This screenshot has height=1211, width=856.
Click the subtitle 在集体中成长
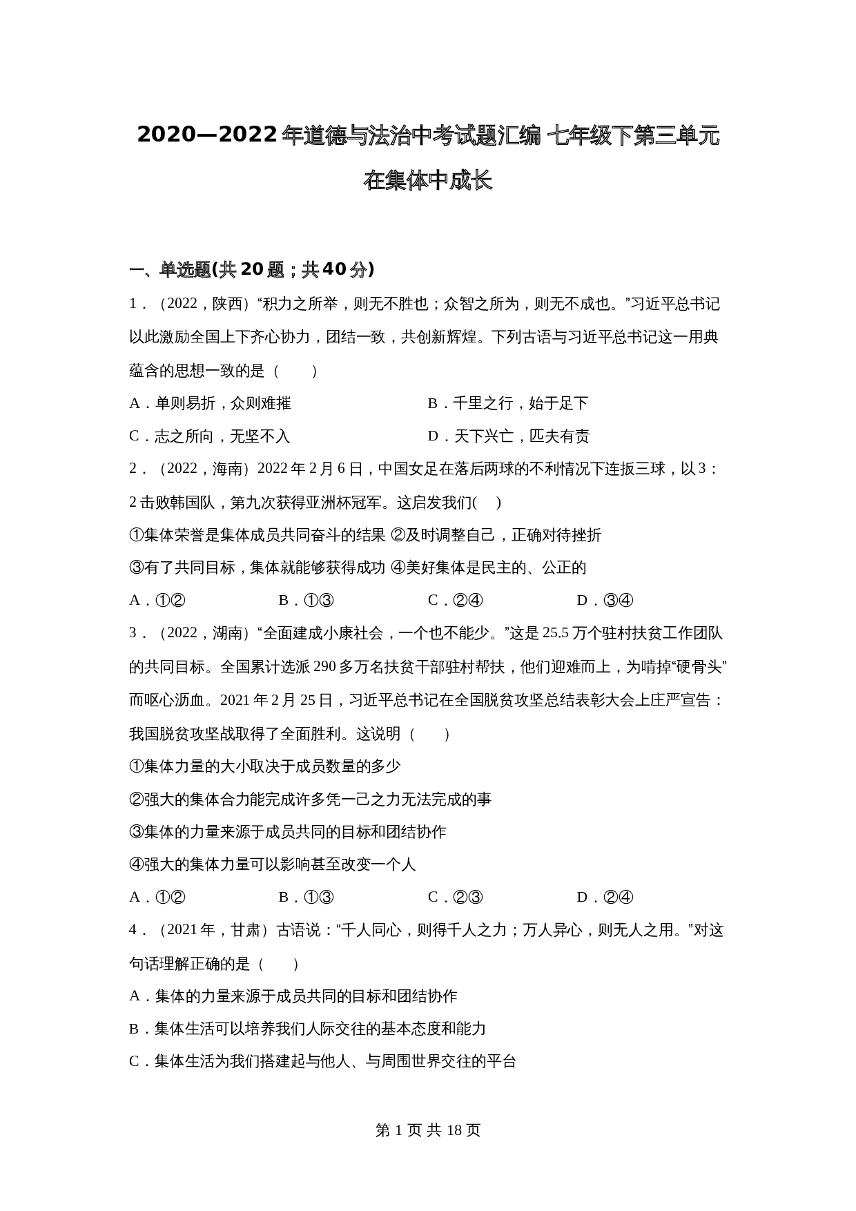pyautogui.click(x=427, y=181)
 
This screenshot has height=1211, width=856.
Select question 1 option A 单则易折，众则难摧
pyautogui.click(x=210, y=403)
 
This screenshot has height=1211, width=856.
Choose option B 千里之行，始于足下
pyautogui.click(x=507, y=403)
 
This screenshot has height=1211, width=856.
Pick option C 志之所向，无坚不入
pyautogui.click(x=210, y=436)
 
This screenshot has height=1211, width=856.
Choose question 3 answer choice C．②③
pyautogui.click(x=455, y=898)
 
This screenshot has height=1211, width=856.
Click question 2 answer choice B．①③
pyautogui.click(x=306, y=601)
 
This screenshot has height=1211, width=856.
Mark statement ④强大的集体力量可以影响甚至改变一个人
pyautogui.click(x=273, y=864)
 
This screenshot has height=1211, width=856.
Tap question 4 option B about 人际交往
pyautogui.click(x=307, y=1029)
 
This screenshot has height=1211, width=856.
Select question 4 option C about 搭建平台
pyautogui.click(x=322, y=1061)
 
